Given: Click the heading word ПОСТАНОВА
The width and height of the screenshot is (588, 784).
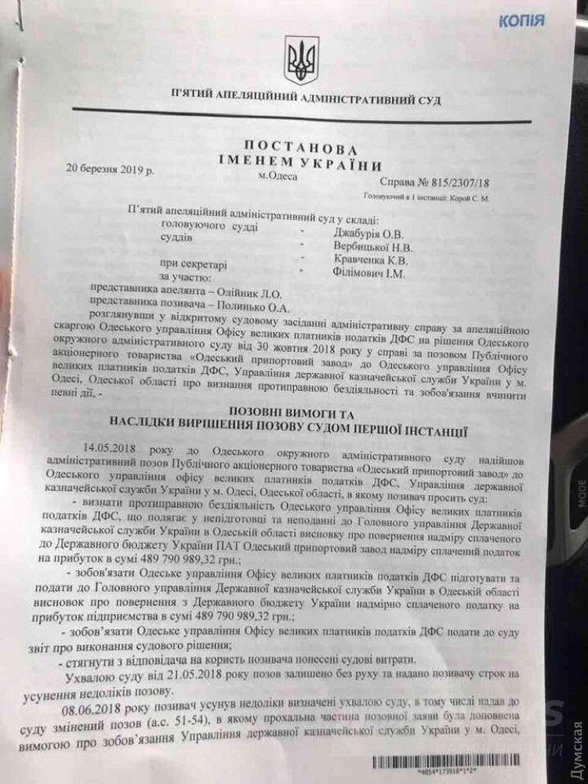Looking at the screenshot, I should (310, 148).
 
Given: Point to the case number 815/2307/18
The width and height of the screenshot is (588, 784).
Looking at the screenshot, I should (456, 183).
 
